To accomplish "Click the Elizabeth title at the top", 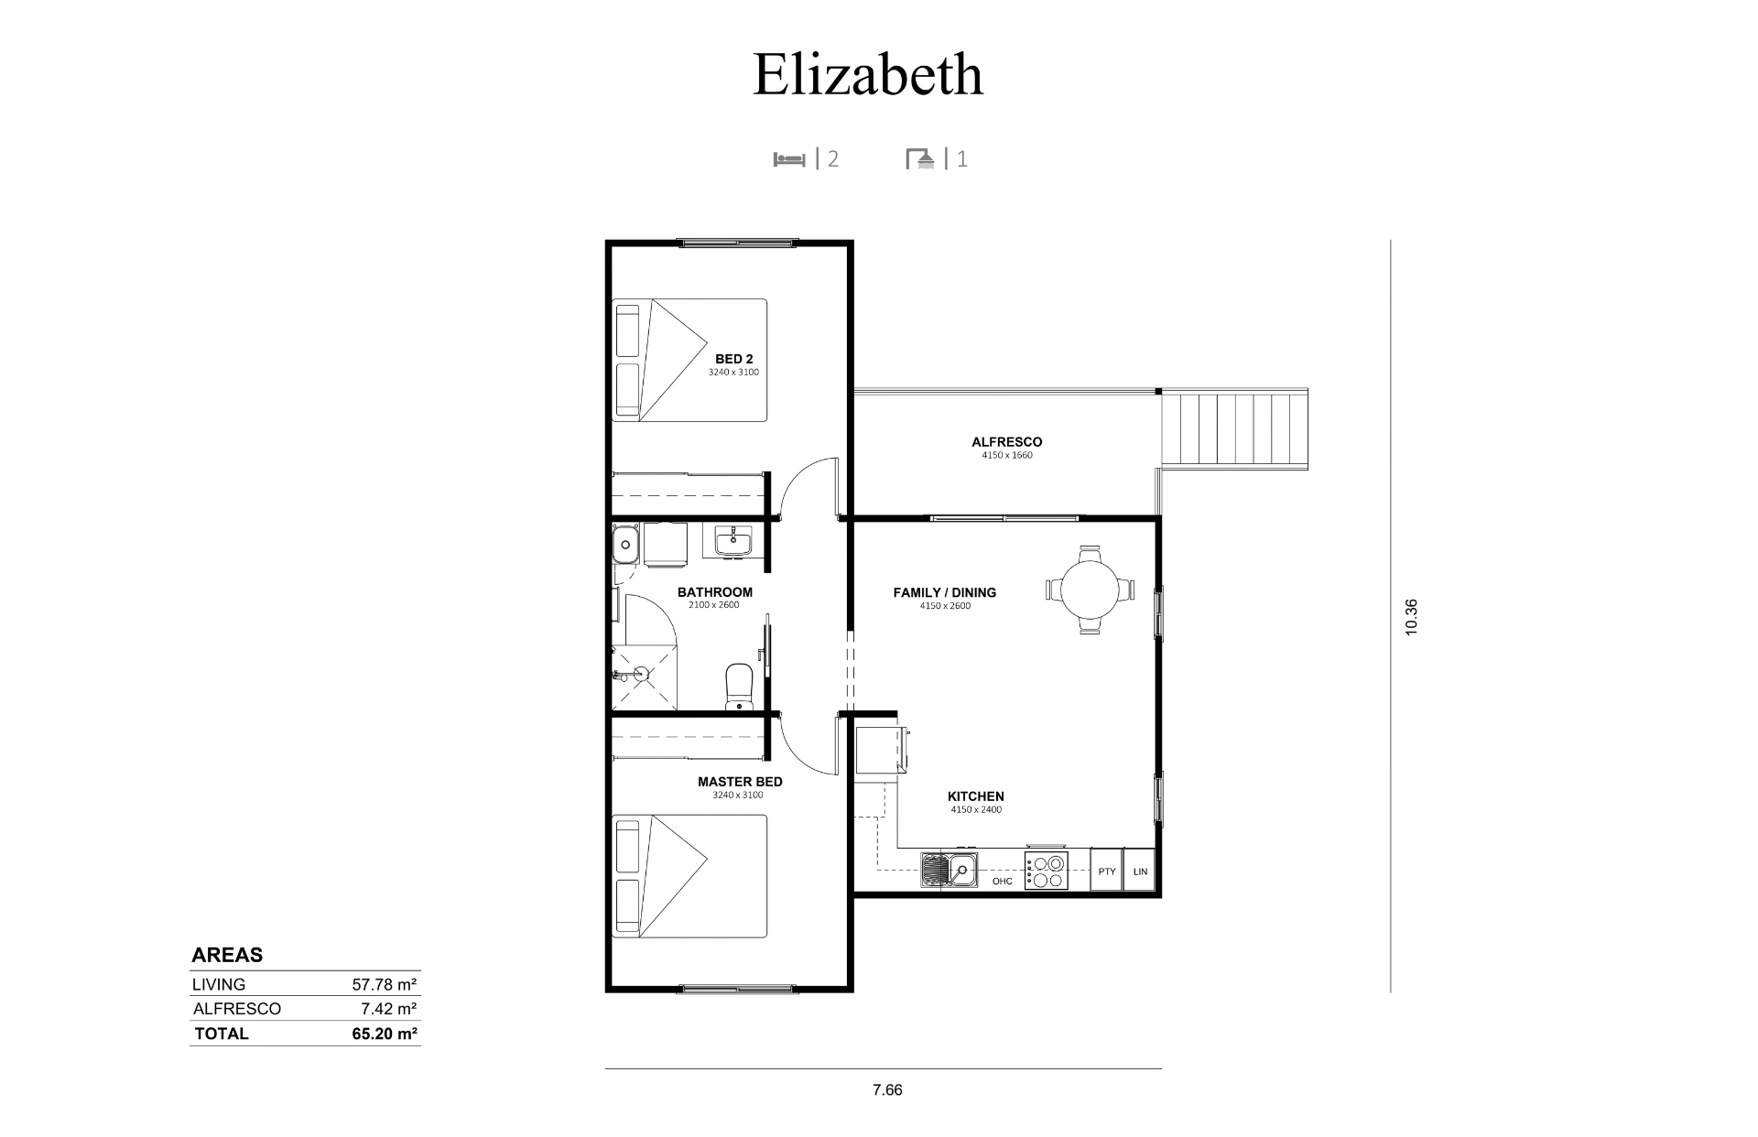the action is tap(867, 74).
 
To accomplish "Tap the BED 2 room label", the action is tap(733, 359).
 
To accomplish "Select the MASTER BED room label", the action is tap(740, 782).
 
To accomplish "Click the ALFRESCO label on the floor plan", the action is tap(1006, 442).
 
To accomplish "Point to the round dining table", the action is tap(1090, 590).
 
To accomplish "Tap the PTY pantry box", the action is tap(1106, 872).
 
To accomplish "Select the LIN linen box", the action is tap(1139, 872).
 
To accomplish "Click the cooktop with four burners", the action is tap(1046, 871).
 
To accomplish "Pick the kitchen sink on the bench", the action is tap(950, 870).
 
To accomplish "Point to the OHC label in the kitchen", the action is tap(1003, 882).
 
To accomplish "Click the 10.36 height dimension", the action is tap(1410, 617).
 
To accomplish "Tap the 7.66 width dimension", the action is tap(887, 1089).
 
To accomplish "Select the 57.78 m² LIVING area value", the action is tap(385, 985).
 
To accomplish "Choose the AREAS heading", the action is tap(227, 955).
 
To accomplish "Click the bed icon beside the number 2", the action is tap(789, 159).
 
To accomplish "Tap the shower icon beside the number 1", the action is tap(922, 159).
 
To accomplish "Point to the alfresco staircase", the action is tap(1233, 429).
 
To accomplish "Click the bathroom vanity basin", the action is tap(733, 540).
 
